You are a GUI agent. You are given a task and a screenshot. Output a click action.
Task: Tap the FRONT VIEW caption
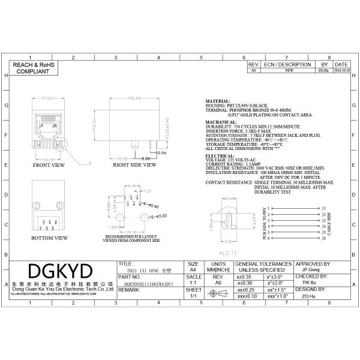tap(49, 164)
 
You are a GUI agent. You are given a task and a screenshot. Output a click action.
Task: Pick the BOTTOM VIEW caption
tap(49, 238)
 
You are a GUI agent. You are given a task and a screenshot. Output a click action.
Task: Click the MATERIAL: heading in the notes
tap(218, 101)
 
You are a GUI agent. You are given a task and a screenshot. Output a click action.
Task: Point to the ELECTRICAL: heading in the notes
tap(220, 155)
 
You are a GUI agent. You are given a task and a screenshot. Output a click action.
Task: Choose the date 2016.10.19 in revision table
tap(341, 70)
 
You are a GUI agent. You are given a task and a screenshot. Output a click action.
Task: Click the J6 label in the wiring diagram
tap(324, 238)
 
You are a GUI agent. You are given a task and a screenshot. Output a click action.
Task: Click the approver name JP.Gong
tap(307, 270)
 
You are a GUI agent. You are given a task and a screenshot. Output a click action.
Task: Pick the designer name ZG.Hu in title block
tap(305, 296)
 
